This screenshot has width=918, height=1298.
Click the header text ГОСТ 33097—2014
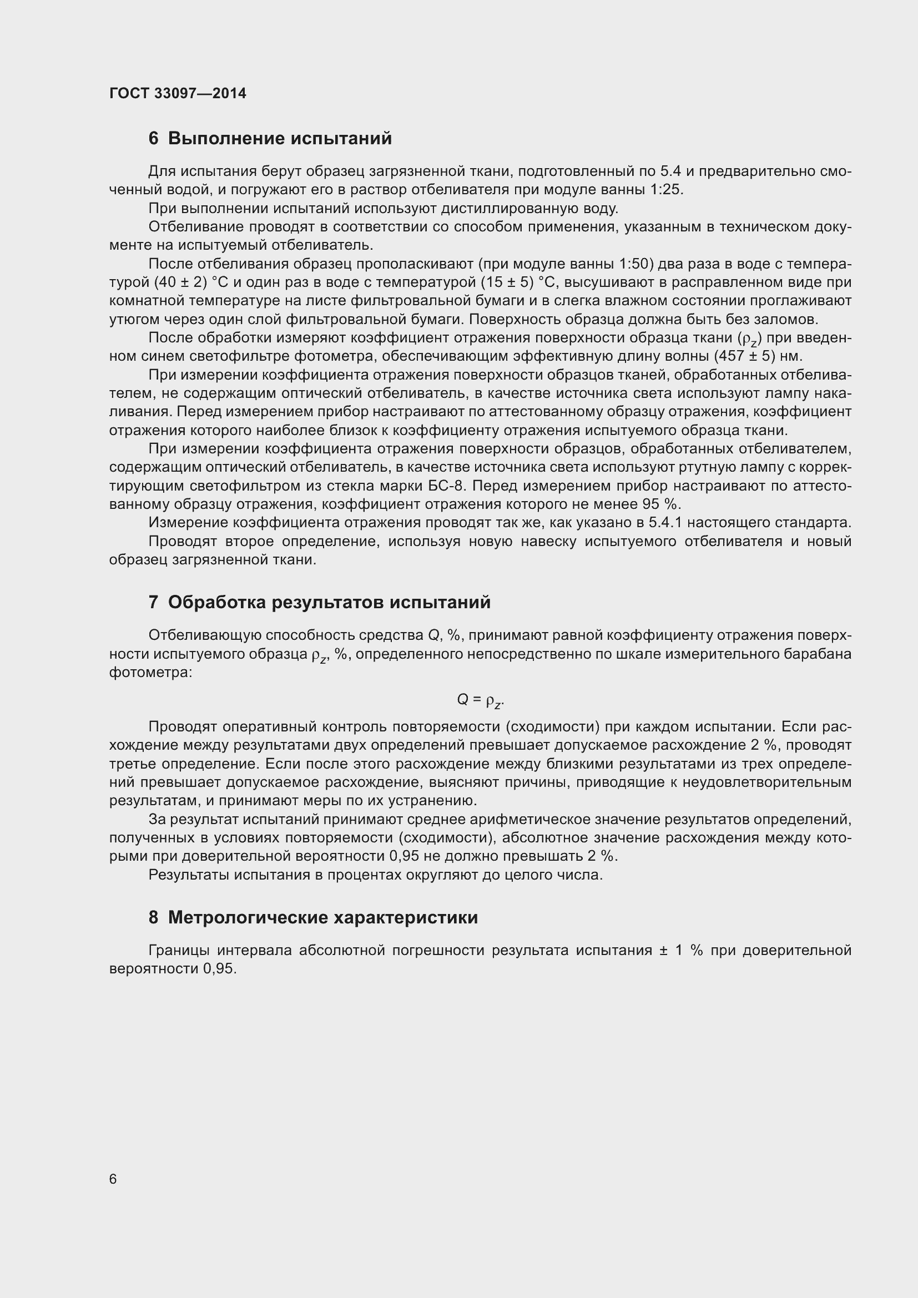click(178, 93)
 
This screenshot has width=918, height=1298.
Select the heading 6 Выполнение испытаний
click(270, 139)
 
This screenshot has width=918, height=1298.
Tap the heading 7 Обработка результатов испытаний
click(319, 603)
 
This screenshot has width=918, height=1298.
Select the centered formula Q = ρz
click(480, 700)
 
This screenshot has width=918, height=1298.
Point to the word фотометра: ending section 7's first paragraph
click(151, 673)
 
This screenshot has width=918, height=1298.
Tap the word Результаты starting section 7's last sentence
click(189, 875)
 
